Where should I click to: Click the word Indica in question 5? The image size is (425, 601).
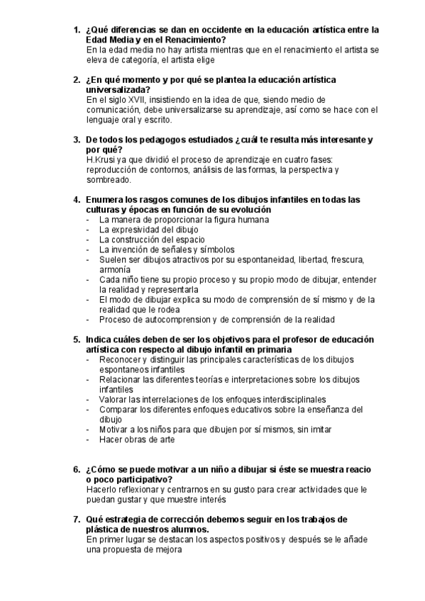(100, 339)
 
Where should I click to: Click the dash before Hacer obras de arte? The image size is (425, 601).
(87, 439)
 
